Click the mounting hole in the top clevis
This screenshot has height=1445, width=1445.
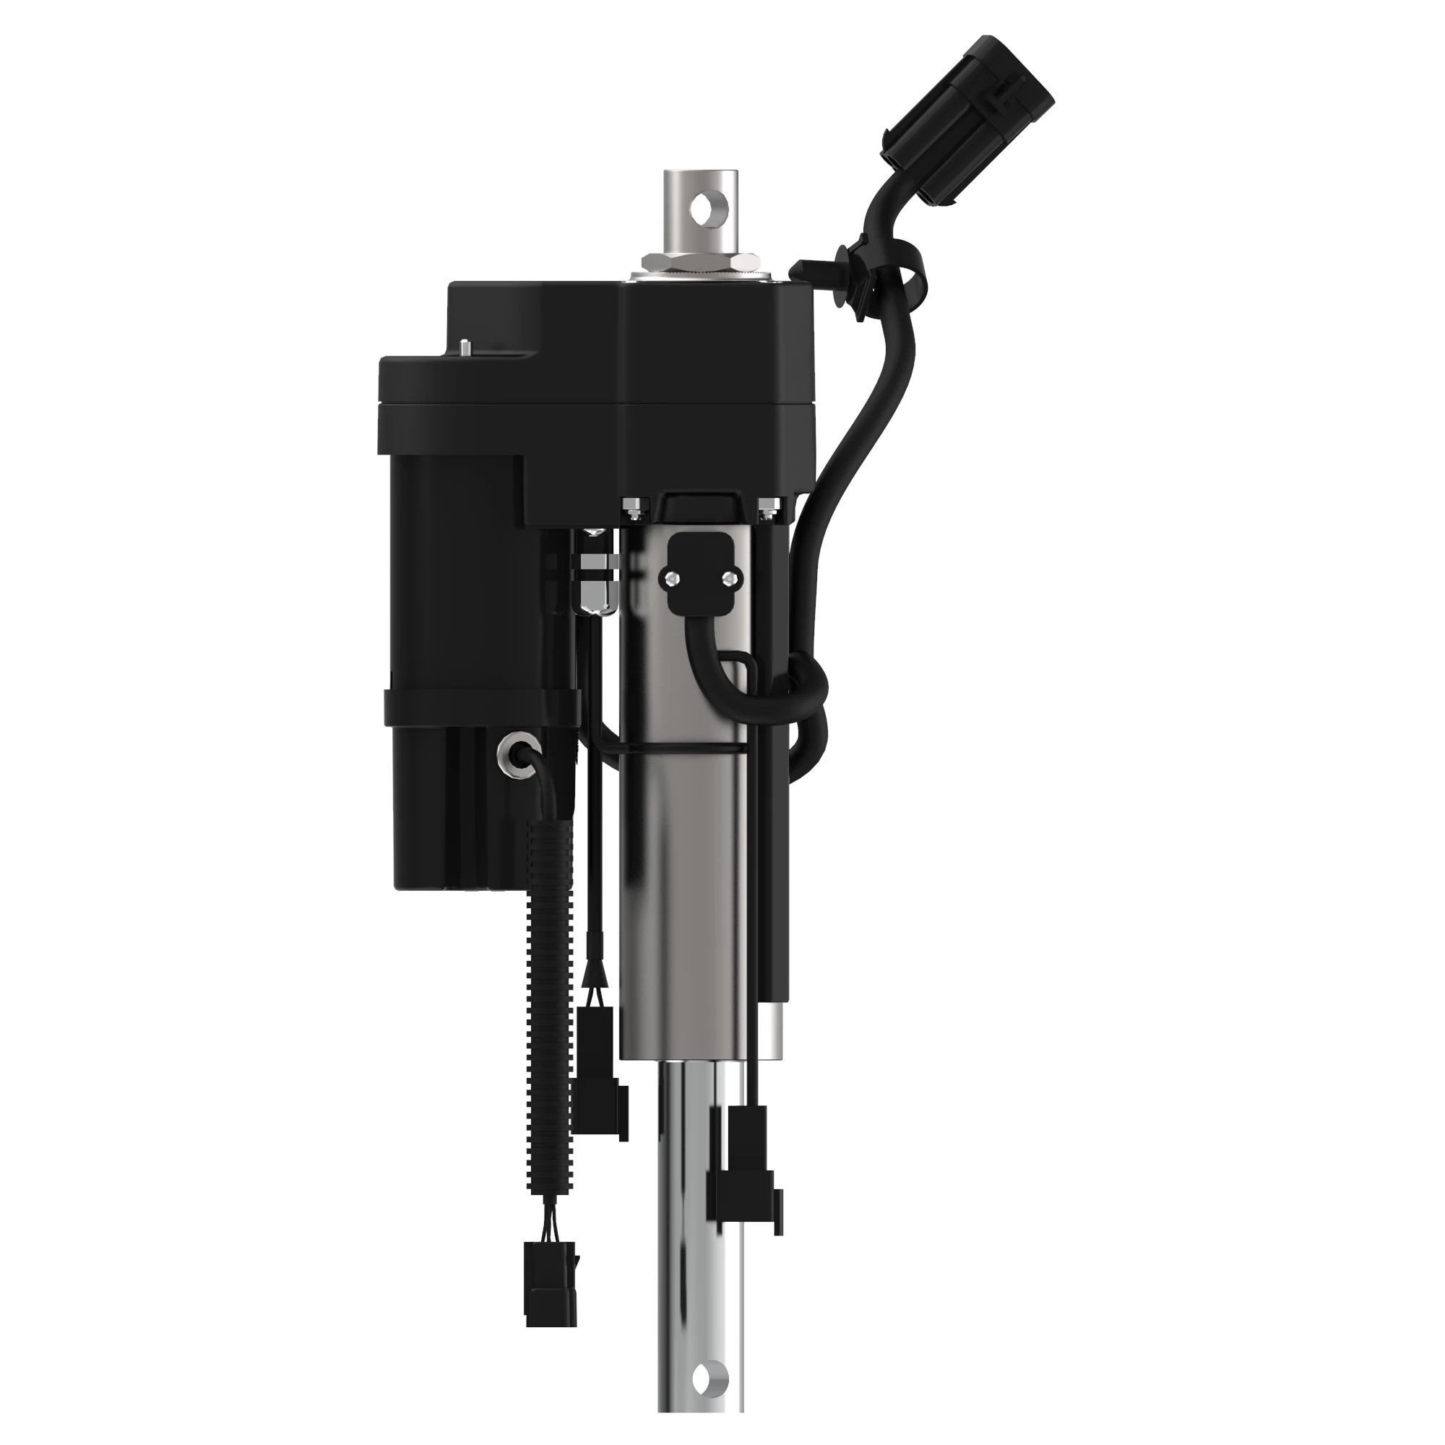704,209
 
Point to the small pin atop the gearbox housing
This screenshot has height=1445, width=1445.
466,347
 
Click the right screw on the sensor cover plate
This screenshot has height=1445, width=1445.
728,576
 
